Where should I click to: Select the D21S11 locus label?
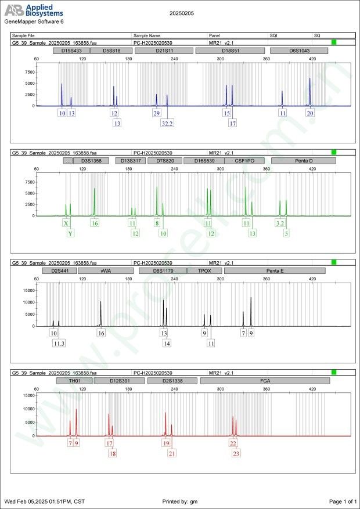[164, 50]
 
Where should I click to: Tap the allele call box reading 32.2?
[168, 123]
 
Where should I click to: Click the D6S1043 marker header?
[299, 50]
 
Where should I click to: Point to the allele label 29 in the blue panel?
[156, 113]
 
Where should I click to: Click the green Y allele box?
[71, 233]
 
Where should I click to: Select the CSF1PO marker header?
[244, 160]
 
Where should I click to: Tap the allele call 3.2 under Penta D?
[280, 223]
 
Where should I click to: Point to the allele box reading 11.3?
[59, 344]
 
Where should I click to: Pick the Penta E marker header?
[275, 270]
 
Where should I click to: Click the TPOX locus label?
[205, 270]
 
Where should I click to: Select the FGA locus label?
[265, 381]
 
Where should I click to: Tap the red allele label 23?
[236, 453]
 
